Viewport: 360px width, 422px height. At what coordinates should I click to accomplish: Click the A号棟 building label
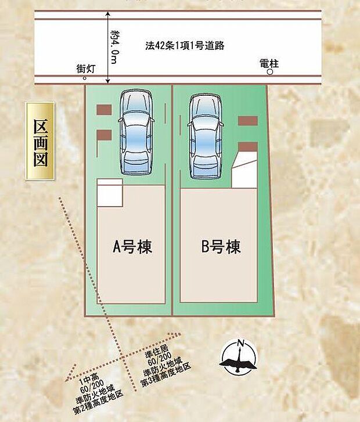(x=132, y=247)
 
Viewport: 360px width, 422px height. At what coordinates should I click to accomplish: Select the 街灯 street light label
(x=86, y=68)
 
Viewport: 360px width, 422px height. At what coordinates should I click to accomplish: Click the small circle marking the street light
(x=85, y=78)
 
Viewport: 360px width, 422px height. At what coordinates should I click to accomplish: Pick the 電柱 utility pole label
(x=269, y=63)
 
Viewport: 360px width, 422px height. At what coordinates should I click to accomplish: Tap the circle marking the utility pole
(x=269, y=73)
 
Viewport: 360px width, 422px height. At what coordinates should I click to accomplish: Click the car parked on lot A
(x=135, y=132)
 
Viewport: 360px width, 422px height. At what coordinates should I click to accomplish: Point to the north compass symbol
(x=237, y=356)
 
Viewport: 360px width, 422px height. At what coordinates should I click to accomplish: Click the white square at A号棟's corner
(x=109, y=192)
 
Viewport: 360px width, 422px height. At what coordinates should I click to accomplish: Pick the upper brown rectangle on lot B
(x=248, y=121)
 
